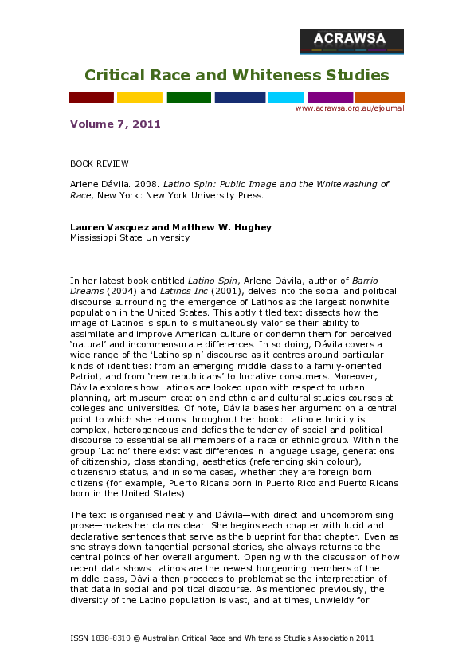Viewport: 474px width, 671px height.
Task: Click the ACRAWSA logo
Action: click(351, 41)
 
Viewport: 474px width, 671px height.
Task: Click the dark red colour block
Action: click(91, 97)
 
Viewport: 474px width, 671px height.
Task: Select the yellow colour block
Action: click(139, 97)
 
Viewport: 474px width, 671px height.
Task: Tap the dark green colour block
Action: click(189, 97)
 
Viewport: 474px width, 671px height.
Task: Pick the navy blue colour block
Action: click(240, 97)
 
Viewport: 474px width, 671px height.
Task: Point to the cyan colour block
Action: click(286, 97)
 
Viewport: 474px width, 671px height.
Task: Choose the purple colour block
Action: click(330, 97)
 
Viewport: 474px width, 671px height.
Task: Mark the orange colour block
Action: click(380, 97)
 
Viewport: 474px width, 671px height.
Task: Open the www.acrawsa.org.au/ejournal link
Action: click(350, 108)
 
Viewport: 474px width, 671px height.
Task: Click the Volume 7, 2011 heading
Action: click(116, 124)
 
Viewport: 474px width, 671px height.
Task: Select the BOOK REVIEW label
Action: click(100, 163)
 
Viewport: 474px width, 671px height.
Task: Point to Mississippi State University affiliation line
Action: click(130, 237)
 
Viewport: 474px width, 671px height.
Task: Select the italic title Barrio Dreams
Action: click(354, 281)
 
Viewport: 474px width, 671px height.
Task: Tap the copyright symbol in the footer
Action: click(136, 638)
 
